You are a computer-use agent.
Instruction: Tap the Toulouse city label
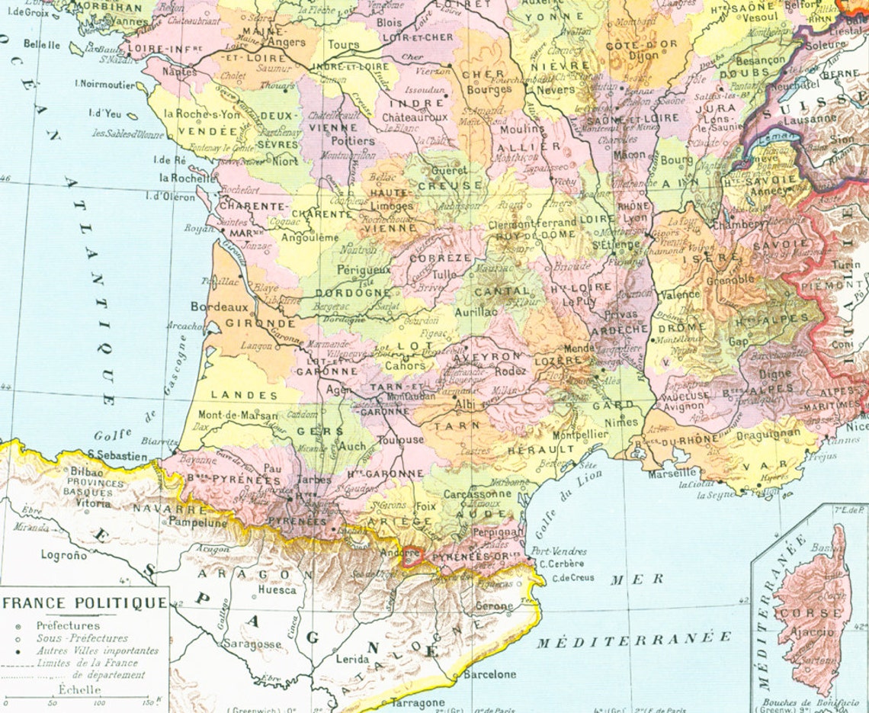coord(400,440)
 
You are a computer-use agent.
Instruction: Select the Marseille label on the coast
coord(672,473)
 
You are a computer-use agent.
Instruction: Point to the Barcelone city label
coord(489,674)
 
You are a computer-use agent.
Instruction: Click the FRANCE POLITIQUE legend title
coord(85,602)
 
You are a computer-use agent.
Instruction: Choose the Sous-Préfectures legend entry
coord(82,638)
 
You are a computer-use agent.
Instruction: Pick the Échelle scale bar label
coord(80,689)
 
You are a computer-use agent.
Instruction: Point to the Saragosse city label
coord(252,644)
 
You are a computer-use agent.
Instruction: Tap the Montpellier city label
coord(580,434)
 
